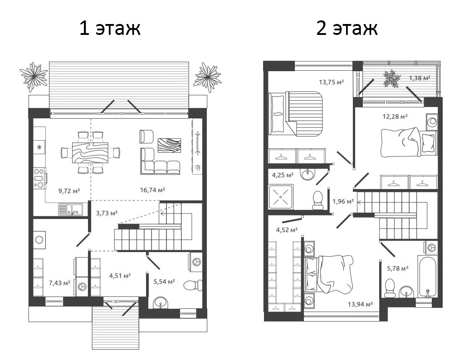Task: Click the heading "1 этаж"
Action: click(x=110, y=29)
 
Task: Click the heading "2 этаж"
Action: click(x=347, y=29)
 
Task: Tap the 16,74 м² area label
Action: click(x=152, y=190)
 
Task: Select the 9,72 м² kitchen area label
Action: click(x=69, y=191)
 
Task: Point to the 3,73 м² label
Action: click(x=107, y=213)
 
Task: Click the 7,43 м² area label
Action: click(x=59, y=283)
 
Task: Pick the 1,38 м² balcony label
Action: click(x=420, y=78)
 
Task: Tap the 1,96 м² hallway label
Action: click(x=343, y=202)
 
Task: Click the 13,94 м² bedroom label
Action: click(x=360, y=304)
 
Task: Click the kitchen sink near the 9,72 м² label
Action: click(x=70, y=209)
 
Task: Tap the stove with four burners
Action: click(x=39, y=178)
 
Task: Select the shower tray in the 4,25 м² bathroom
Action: click(x=280, y=197)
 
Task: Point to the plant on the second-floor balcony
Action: click(x=392, y=78)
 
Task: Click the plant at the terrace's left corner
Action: click(x=34, y=76)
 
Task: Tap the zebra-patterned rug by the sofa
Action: click(x=169, y=146)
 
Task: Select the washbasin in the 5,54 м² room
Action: click(x=161, y=302)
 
